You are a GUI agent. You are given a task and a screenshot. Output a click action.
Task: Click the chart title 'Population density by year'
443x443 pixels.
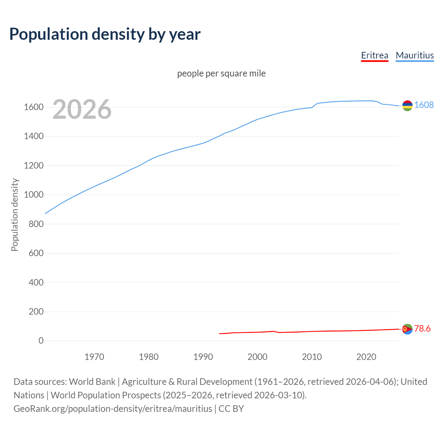pyautogui.click(x=105, y=34)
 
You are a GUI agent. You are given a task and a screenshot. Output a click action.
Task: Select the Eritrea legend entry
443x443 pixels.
pyautogui.click(x=374, y=55)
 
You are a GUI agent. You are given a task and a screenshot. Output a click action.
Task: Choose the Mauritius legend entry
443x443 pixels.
pyautogui.click(x=415, y=55)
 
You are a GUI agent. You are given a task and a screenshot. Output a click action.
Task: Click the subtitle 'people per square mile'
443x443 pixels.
pyautogui.click(x=221, y=73)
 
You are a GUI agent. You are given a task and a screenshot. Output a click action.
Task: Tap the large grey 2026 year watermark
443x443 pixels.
pyautogui.click(x=82, y=109)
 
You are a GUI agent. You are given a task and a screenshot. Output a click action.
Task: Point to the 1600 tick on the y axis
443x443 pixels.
pyautogui.click(x=34, y=107)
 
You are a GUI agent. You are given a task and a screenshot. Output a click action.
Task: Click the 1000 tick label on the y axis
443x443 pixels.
pyautogui.click(x=34, y=195)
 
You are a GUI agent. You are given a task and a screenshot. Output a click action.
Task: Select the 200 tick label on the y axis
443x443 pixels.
pyautogui.click(x=36, y=311)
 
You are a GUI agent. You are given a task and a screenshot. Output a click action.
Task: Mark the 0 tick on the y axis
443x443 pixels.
pyautogui.click(x=41, y=341)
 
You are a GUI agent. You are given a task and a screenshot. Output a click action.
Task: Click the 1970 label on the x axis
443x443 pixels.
pyautogui.click(x=94, y=357)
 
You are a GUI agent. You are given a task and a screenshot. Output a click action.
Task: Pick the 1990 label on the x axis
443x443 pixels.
pyautogui.click(x=203, y=357)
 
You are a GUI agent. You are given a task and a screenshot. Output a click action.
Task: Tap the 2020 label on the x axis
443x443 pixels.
pyautogui.click(x=366, y=357)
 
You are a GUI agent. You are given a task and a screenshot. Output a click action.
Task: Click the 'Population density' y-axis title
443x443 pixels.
pyautogui.click(x=15, y=215)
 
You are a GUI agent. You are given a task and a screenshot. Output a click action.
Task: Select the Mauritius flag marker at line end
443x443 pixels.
pyautogui.click(x=407, y=106)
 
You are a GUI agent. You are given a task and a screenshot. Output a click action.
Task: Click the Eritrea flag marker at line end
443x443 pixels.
pyautogui.click(x=407, y=329)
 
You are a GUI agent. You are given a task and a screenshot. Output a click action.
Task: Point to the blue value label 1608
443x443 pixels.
pyautogui.click(x=424, y=105)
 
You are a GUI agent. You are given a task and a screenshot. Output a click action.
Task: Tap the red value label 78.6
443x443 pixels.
pyautogui.click(x=422, y=328)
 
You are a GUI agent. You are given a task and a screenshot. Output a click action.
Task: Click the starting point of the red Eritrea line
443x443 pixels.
pyautogui.click(x=219, y=334)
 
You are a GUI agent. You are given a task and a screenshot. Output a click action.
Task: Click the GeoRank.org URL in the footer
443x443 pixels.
pyautogui.click(x=113, y=408)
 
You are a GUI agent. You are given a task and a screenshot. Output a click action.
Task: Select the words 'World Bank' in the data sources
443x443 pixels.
pyautogui.click(x=92, y=381)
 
